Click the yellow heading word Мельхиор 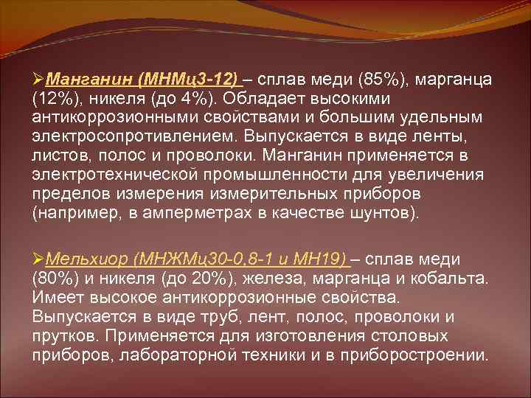tap(88, 259)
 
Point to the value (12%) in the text tap(52, 98)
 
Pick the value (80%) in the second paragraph tap(52, 279)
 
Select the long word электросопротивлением tap(124, 136)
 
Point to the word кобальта tap(448, 279)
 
